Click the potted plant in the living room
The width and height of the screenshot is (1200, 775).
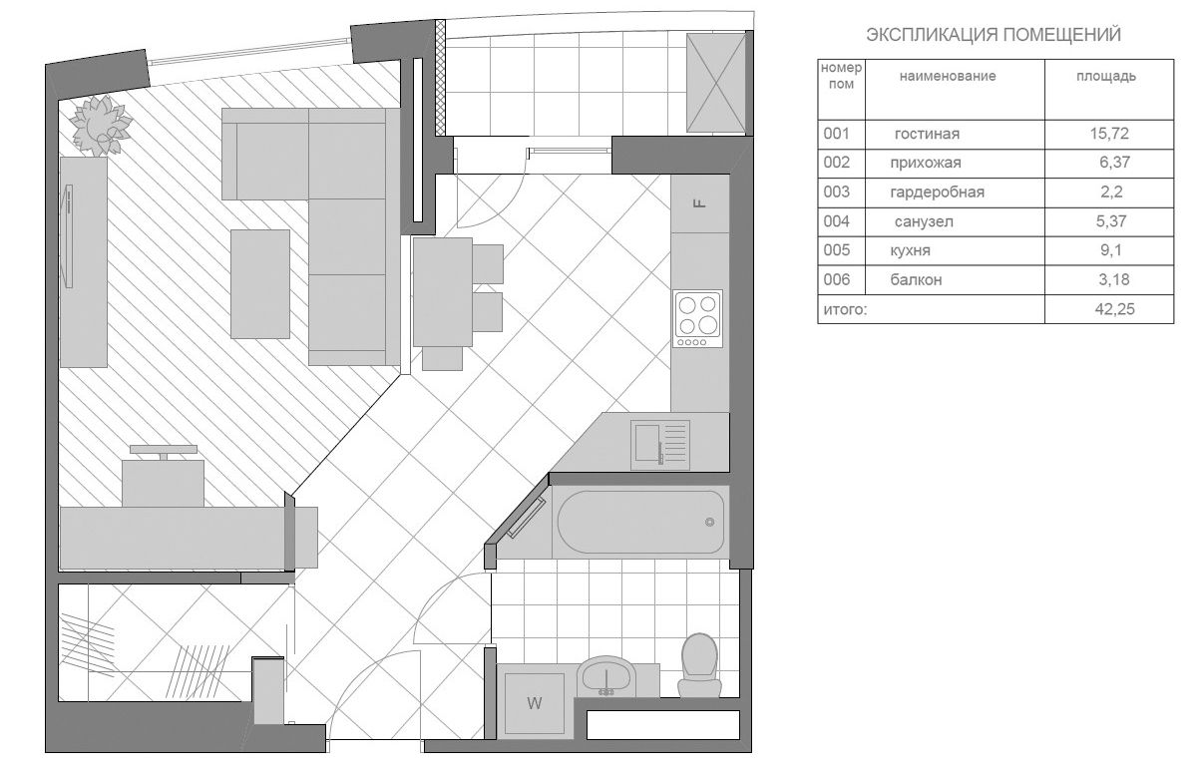pos(101,126)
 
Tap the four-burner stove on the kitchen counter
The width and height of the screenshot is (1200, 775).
pos(697,318)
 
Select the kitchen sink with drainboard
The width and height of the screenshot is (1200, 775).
pos(660,445)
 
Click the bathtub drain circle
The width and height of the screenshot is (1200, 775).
pos(710,522)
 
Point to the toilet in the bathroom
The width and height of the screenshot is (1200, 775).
pos(699,664)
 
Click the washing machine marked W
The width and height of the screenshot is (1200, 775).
pos(534,703)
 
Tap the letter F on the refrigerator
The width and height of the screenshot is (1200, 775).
pos(699,203)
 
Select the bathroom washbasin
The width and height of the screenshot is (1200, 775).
pos(605,676)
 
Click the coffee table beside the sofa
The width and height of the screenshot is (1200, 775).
pos(260,284)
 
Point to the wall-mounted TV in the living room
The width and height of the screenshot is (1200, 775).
pos(68,236)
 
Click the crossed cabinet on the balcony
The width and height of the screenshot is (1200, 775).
pos(716,83)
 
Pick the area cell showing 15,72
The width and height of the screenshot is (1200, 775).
pos(1109,134)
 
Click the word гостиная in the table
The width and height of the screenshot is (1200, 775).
pos(927,134)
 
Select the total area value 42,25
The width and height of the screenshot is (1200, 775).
pos(1114,309)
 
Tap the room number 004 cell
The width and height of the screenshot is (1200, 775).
pos(836,221)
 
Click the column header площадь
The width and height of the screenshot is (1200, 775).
pos(1106,77)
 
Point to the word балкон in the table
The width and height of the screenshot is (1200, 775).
pos(916,279)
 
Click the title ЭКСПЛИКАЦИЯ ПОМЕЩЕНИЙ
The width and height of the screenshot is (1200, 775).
pos(994,35)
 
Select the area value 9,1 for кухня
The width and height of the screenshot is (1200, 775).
pos(1110,250)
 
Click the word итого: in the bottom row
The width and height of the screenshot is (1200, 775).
pos(845,309)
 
